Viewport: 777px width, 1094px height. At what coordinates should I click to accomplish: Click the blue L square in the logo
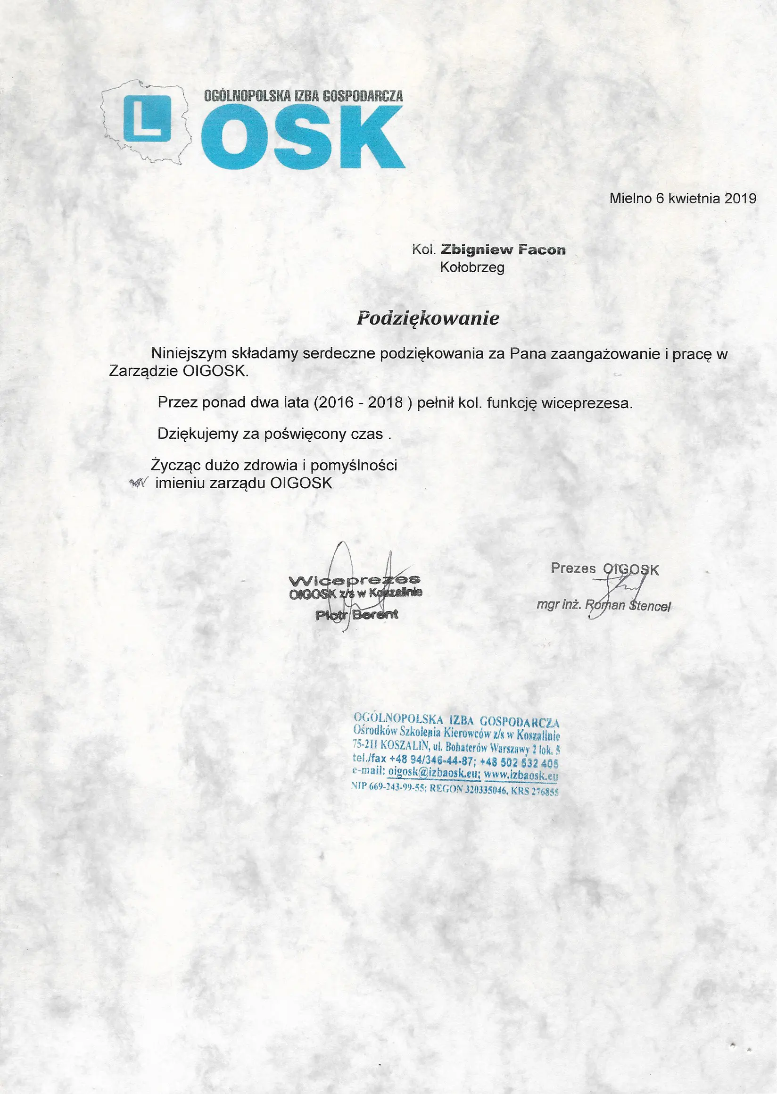(x=147, y=118)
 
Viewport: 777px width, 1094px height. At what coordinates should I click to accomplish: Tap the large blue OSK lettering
(x=302, y=137)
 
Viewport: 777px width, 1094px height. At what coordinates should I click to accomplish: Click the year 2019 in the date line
(x=740, y=199)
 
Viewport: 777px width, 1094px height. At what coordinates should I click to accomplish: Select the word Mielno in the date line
(x=630, y=199)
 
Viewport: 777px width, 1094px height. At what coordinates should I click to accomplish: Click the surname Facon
(x=543, y=250)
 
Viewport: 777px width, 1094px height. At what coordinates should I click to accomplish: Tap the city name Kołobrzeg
(x=472, y=267)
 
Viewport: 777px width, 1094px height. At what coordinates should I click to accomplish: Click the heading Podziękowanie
(x=428, y=318)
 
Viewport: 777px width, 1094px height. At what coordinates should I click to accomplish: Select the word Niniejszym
(x=189, y=354)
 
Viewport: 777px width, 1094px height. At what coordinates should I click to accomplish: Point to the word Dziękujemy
(x=197, y=434)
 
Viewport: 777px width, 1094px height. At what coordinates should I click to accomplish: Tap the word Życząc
(x=175, y=465)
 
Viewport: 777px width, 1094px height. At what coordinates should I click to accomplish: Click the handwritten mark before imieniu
(x=139, y=483)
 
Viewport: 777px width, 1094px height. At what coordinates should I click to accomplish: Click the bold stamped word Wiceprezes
(x=355, y=581)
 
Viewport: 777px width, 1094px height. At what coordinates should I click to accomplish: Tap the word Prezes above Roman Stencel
(x=573, y=568)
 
